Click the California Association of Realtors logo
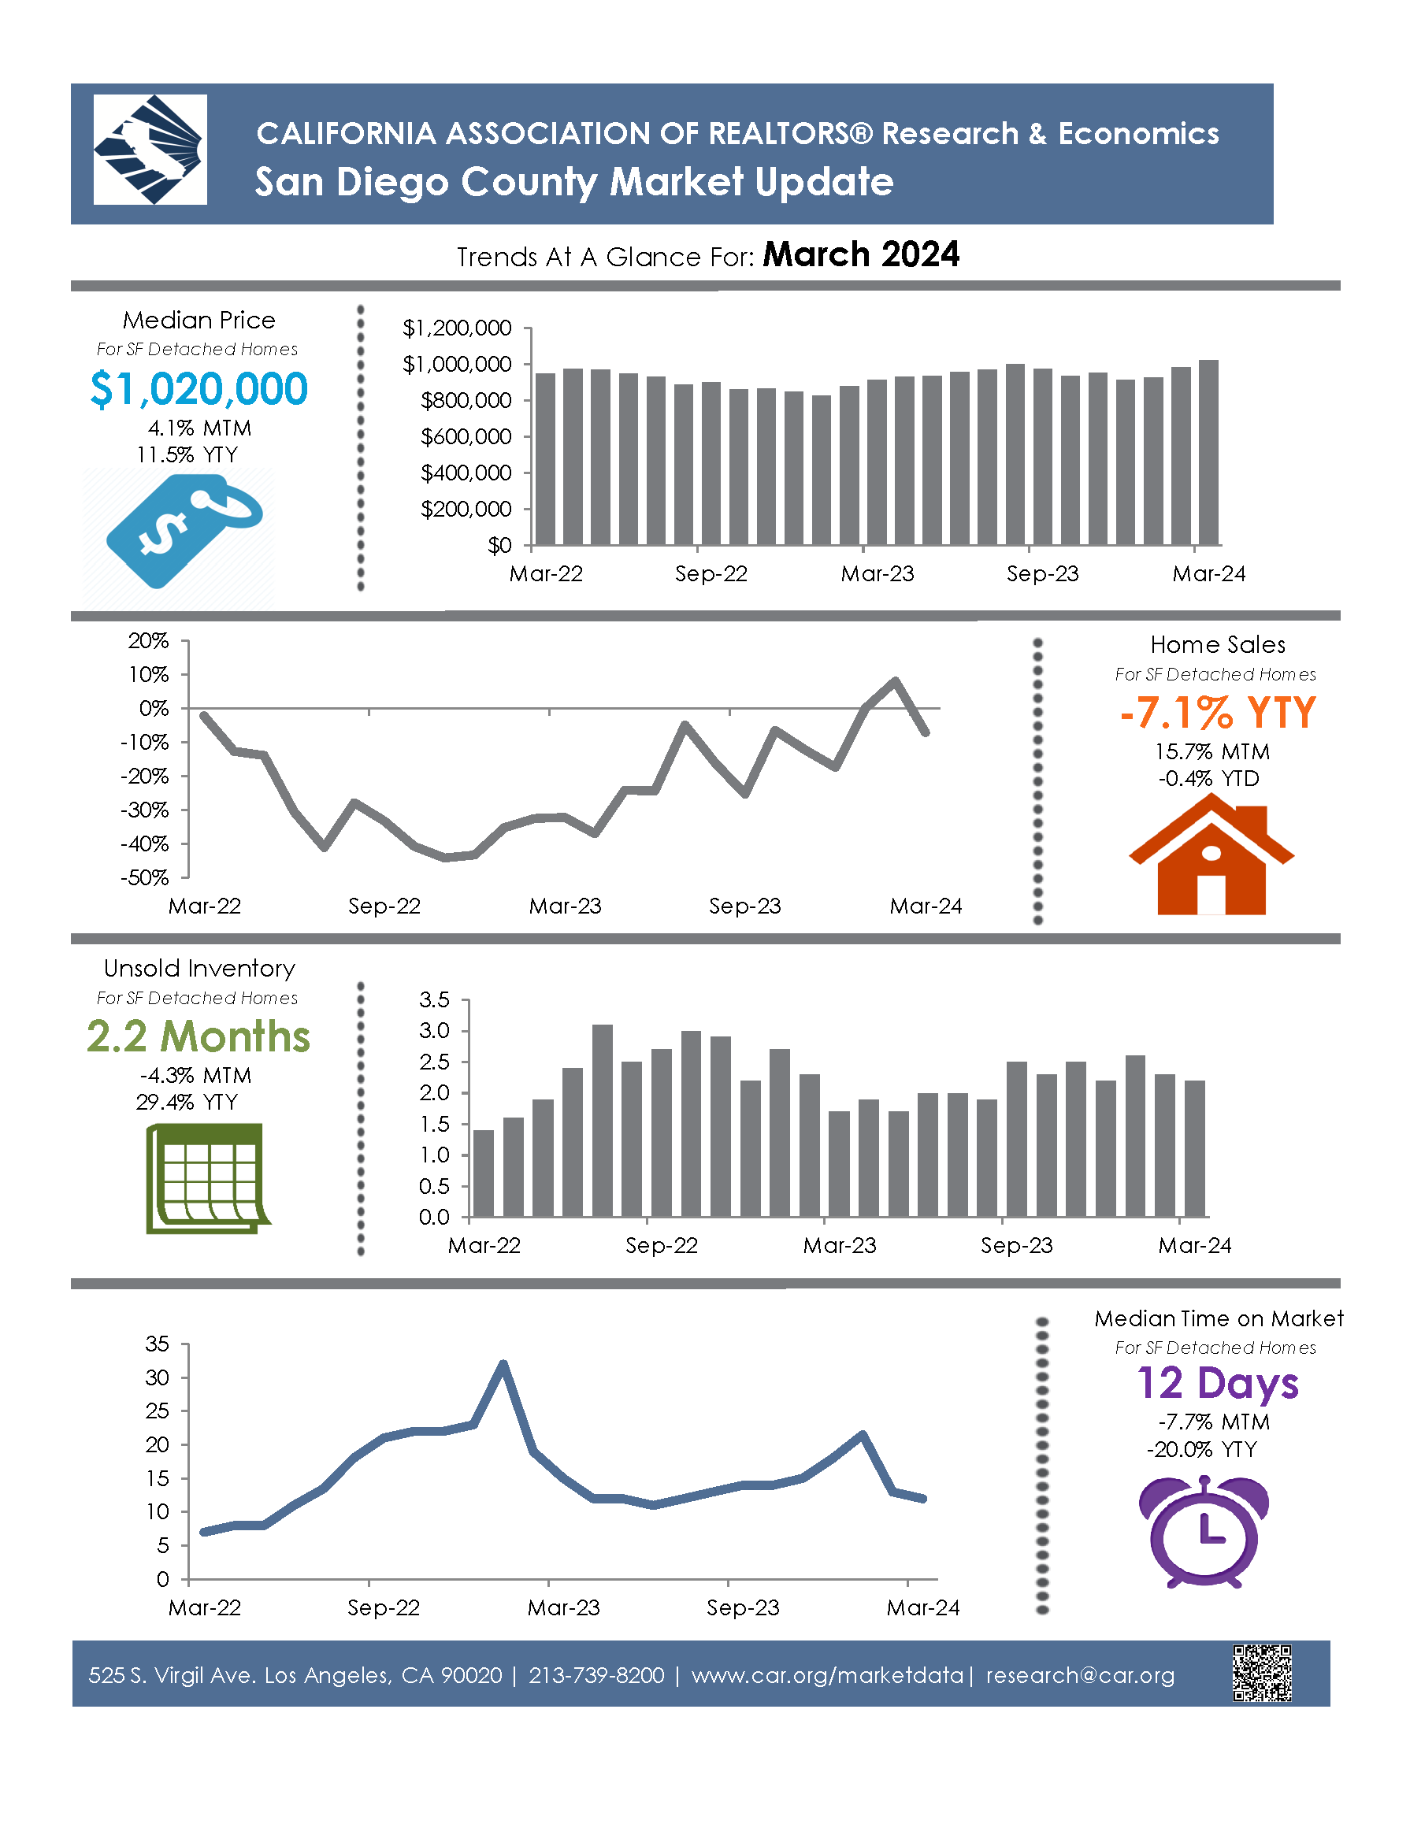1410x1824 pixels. coord(150,150)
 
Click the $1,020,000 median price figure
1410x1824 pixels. coord(199,389)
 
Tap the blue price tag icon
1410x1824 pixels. coord(184,529)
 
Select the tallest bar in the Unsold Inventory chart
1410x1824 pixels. coord(603,1120)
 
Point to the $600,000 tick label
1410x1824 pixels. coord(466,437)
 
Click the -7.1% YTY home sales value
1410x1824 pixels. coord(1217,713)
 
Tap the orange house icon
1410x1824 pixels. coord(1211,855)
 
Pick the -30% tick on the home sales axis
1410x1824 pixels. coord(149,810)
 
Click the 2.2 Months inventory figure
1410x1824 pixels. coord(199,1036)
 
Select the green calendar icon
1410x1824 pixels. coord(206,1178)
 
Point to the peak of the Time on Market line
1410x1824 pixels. coord(503,1363)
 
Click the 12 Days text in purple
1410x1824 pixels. coord(1217,1383)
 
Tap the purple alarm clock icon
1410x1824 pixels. coord(1203,1531)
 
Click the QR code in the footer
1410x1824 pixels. coord(1261,1673)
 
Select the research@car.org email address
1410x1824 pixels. coord(1080,1675)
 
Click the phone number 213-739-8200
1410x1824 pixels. coord(596,1675)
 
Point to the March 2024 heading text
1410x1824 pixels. coord(861,254)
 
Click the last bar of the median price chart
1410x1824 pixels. coord(1208,453)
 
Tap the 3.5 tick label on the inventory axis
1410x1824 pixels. coord(434,999)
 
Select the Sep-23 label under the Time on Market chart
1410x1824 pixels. coord(743,1607)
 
